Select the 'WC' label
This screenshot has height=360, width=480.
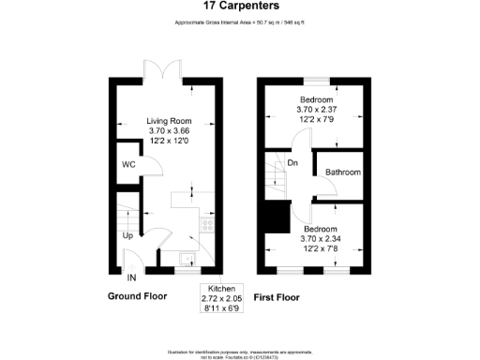127,165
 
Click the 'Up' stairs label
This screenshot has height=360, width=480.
127,235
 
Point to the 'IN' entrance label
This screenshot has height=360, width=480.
132,277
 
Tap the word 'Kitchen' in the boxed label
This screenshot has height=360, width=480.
222,288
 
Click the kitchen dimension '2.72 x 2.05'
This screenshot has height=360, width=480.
222,297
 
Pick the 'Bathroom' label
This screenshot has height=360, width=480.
343,172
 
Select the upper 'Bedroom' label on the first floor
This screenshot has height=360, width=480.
317,99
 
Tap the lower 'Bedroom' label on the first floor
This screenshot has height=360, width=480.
320,228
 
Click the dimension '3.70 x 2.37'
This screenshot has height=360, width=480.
317,110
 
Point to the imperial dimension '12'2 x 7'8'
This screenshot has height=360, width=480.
320,248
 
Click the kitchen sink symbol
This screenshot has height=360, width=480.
186,260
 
